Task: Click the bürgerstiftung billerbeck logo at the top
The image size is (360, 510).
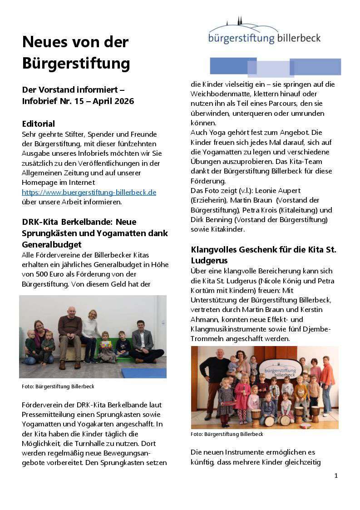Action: pyautogui.click(x=264, y=32)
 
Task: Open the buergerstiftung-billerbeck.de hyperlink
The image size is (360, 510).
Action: pyautogui.click(x=89, y=192)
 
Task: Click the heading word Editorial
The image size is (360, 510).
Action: pyautogui.click(x=39, y=124)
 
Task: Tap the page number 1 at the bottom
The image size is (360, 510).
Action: pyautogui.click(x=336, y=475)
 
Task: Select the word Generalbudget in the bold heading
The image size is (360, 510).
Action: pyautogui.click(x=52, y=244)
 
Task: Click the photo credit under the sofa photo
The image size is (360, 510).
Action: pyautogui.click(x=58, y=386)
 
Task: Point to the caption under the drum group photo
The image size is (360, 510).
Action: pyautogui.click(x=227, y=434)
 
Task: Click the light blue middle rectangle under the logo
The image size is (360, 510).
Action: pyautogui.click(x=271, y=69)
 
